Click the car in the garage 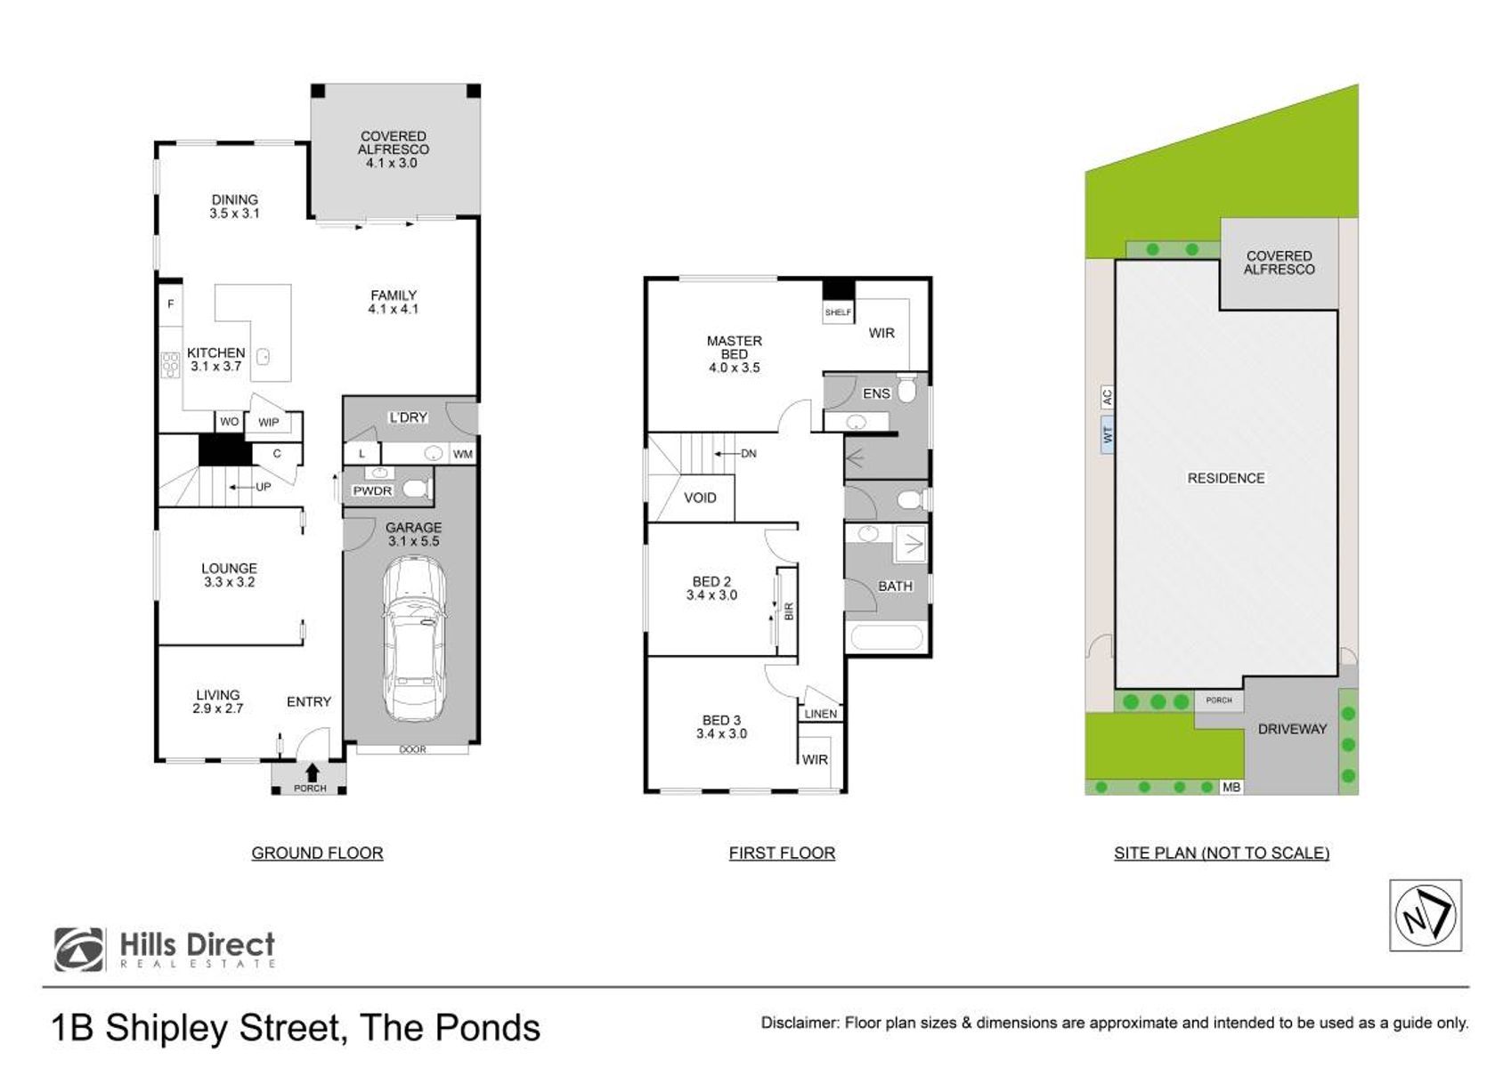click(413, 639)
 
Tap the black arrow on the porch click(312, 772)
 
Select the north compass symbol click(1426, 916)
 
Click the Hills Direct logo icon click(79, 950)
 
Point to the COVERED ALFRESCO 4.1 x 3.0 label click(394, 149)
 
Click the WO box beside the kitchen click(230, 421)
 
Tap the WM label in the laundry click(463, 454)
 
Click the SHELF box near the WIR click(839, 312)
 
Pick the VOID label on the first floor click(700, 498)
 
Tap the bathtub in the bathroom click(886, 637)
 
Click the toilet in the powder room click(416, 488)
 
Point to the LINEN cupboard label click(820, 714)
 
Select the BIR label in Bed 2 click(789, 611)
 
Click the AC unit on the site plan click(1107, 396)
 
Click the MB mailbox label click(1231, 787)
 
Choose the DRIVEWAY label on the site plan click(1292, 729)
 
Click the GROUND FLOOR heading click(317, 853)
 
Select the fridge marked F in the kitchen click(171, 304)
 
